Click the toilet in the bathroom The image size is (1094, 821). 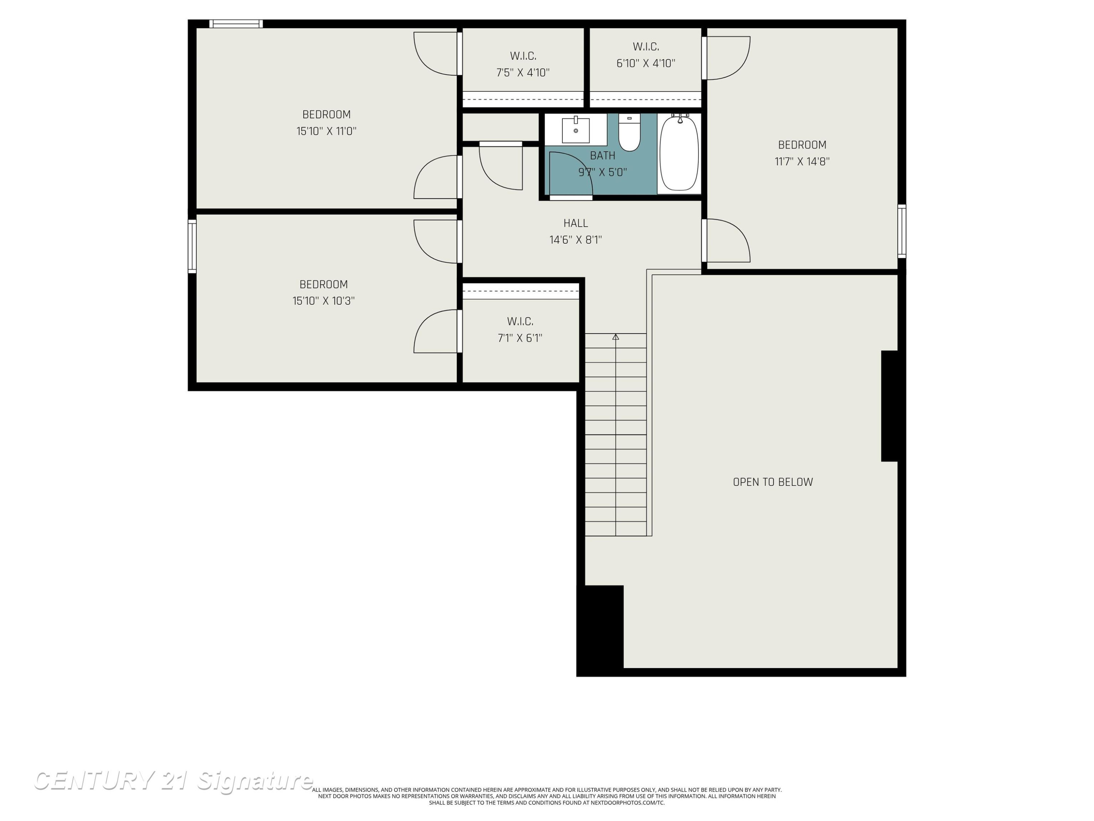pyautogui.click(x=629, y=132)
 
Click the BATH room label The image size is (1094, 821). pyautogui.click(x=602, y=155)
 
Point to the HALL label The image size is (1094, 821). pyautogui.click(x=576, y=223)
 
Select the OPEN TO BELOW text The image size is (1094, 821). pyautogui.click(x=772, y=482)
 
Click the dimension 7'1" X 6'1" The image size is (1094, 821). pyautogui.click(x=520, y=338)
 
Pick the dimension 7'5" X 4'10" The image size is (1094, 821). pyautogui.click(x=523, y=73)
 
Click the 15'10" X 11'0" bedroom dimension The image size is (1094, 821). pyautogui.click(x=326, y=131)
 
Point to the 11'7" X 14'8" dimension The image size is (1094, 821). pyautogui.click(x=802, y=161)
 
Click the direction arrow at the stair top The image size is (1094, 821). pyautogui.click(x=616, y=337)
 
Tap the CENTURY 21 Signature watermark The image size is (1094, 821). pyautogui.click(x=173, y=780)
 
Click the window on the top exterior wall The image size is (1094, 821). pyautogui.click(x=236, y=24)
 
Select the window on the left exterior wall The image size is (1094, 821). pyautogui.click(x=192, y=246)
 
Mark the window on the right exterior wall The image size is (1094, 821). pyautogui.click(x=901, y=231)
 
